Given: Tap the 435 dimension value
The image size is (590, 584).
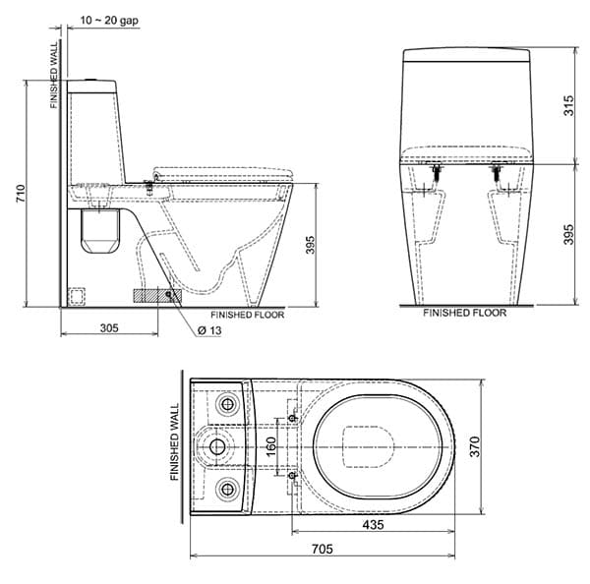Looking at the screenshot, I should [x=373, y=525].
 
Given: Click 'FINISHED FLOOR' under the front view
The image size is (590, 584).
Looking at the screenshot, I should [x=464, y=313].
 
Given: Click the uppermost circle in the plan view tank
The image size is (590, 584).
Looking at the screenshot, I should [x=227, y=403].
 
